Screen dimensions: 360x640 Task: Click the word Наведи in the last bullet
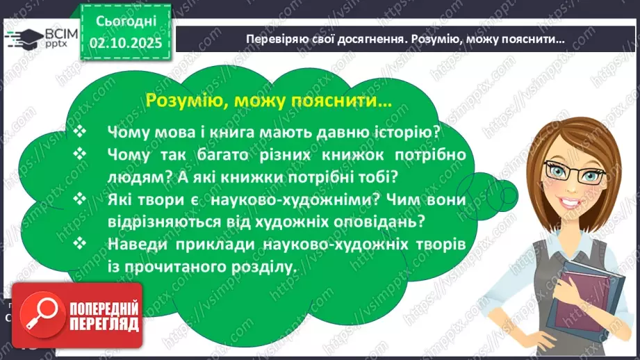pyautogui.click(x=139, y=244)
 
